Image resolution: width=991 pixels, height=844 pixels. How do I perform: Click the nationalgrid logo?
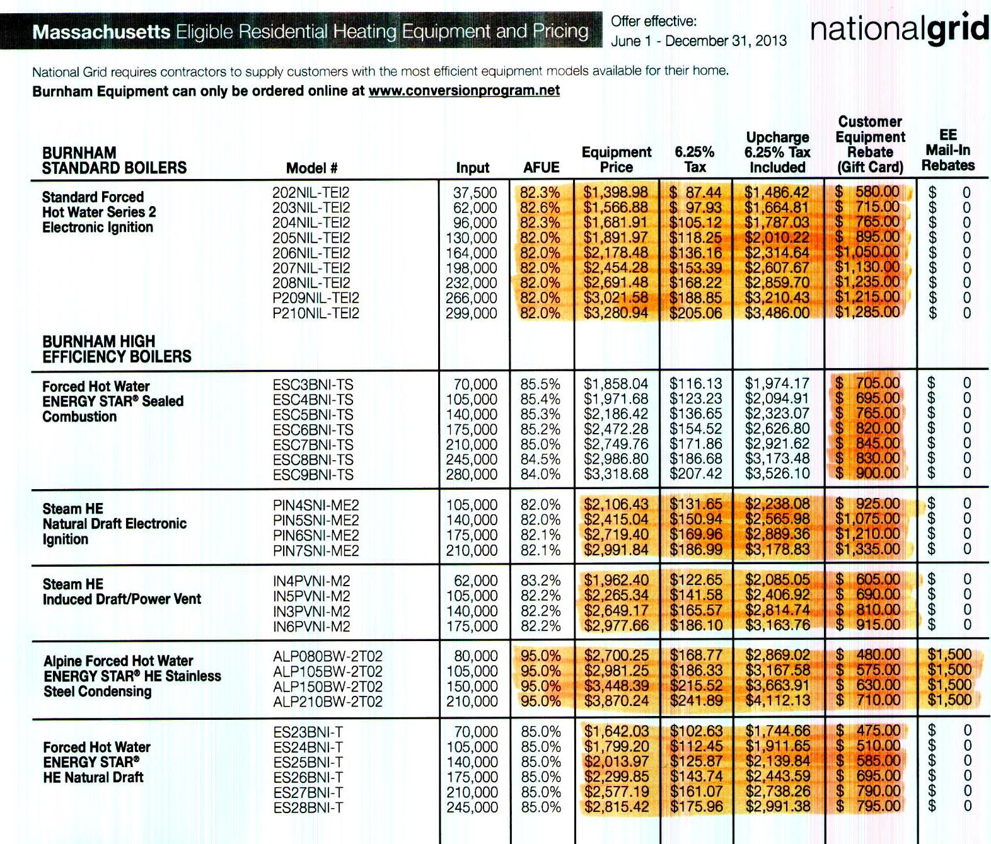click(x=899, y=30)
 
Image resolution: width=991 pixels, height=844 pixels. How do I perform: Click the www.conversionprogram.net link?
click(x=464, y=91)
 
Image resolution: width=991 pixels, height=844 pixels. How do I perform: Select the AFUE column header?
click(x=541, y=168)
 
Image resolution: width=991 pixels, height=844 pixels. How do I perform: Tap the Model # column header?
click(x=311, y=168)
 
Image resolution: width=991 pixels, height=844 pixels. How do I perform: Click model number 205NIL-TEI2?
click(x=311, y=238)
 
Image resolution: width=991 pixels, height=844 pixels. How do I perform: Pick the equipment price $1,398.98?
click(x=615, y=192)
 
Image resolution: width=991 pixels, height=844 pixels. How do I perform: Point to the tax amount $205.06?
click(x=695, y=313)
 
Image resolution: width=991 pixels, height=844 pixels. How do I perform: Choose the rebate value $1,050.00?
click(x=867, y=252)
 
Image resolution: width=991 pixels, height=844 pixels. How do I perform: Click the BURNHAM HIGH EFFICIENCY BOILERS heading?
click(x=117, y=349)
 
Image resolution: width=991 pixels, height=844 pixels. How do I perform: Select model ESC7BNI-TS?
click(x=313, y=445)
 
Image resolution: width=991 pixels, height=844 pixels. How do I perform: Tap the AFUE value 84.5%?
click(x=540, y=460)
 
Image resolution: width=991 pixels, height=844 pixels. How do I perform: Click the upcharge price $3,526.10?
click(x=777, y=474)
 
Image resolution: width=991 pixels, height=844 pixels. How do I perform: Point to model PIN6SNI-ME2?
click(x=316, y=535)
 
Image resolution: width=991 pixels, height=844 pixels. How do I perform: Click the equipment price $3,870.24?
click(x=615, y=702)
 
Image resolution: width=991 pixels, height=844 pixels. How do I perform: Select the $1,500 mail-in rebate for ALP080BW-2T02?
click(x=949, y=655)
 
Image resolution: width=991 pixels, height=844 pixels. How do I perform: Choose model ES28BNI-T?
click(x=308, y=807)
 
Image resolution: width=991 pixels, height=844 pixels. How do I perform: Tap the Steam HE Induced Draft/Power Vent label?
click(x=122, y=592)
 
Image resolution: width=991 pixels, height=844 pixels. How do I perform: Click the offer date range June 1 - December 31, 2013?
click(x=698, y=41)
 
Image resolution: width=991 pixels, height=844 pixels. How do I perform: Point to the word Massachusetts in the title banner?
click(x=101, y=32)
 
